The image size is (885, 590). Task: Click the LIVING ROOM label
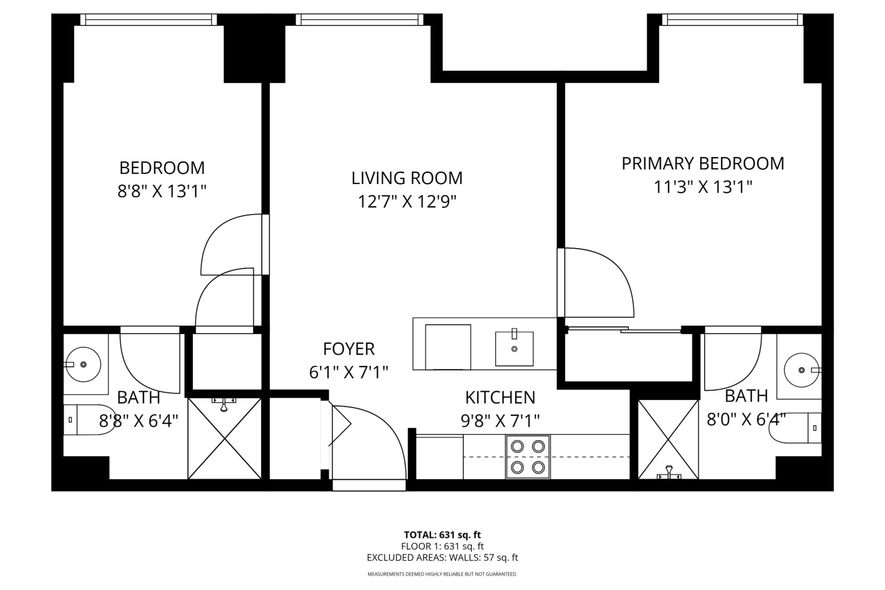coord(407,178)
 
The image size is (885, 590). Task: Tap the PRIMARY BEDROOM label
coord(703,164)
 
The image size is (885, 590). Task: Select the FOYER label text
coord(349,349)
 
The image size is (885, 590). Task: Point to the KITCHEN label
coord(500,397)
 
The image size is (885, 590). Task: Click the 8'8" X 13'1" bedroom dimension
coord(162,192)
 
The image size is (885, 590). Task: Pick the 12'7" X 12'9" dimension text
coord(407,202)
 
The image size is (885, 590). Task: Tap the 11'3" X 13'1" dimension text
coord(703,187)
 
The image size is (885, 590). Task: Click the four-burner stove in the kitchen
coord(528,457)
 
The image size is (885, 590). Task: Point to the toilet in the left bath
coord(89,420)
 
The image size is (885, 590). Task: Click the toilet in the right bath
coord(795,428)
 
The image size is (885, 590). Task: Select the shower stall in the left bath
coord(224,438)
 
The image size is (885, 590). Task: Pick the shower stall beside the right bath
coord(668,439)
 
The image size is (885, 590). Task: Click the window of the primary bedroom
coord(732,20)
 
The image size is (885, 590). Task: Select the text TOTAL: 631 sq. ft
coord(442,535)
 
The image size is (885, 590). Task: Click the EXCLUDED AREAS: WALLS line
coord(442,558)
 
